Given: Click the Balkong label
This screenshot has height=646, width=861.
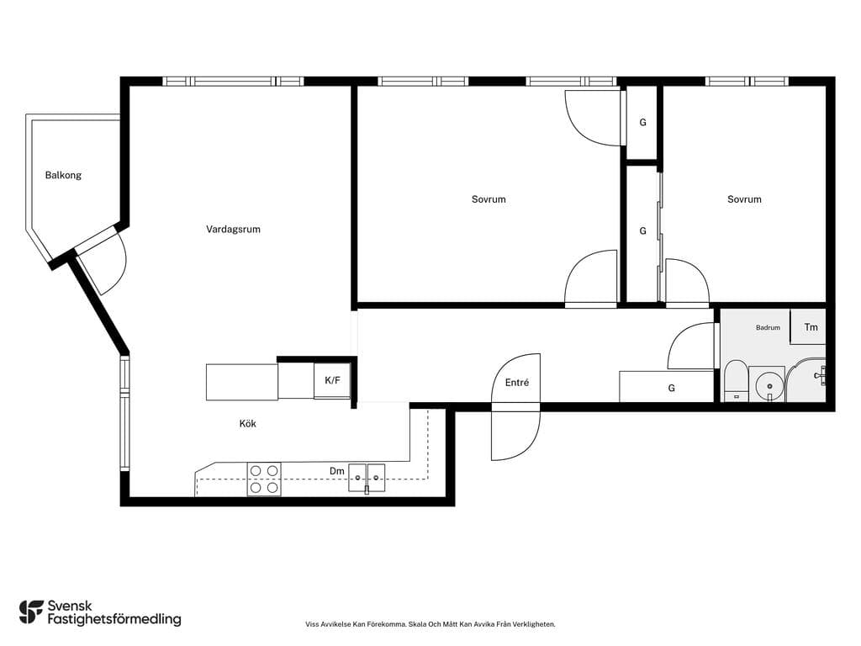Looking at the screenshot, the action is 63,175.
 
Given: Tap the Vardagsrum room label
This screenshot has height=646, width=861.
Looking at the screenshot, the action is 234,229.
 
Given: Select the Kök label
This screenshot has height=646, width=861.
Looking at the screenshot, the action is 248,424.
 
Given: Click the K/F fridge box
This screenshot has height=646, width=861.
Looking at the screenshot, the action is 332,380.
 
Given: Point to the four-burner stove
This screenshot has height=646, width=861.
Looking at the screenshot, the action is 264,479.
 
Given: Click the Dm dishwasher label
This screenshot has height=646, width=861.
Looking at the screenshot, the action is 336,471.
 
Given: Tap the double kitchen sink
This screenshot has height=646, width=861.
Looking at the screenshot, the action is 367,478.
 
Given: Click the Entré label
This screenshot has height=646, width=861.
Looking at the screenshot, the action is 517,383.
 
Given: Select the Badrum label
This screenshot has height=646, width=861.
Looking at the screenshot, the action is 768,327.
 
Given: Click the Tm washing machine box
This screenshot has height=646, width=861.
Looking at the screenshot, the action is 808,327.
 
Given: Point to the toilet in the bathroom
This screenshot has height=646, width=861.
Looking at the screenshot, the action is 735,381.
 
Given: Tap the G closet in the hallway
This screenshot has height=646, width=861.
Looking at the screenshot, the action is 667,387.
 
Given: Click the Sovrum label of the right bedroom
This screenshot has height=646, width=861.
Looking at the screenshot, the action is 744,199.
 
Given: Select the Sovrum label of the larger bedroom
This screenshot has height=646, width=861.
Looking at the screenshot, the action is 489,199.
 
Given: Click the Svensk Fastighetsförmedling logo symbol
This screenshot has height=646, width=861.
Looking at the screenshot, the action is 31,612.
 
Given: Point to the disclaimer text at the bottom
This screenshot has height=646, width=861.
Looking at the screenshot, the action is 430,624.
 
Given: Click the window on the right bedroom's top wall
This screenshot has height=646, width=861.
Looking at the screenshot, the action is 747,82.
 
